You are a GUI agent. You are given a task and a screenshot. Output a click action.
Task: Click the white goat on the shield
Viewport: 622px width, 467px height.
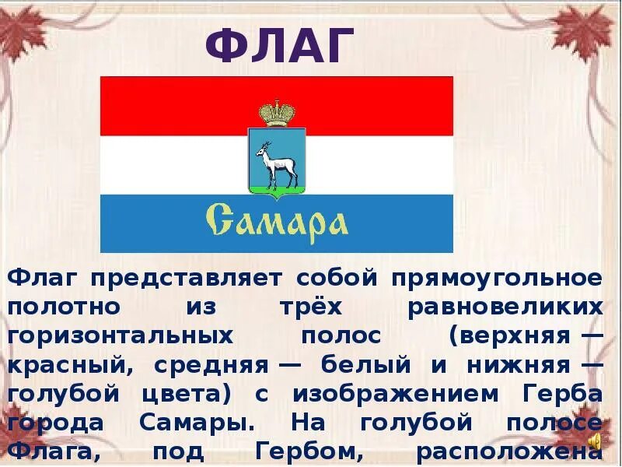276,162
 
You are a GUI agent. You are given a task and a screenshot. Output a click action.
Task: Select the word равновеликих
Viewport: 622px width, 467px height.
505,306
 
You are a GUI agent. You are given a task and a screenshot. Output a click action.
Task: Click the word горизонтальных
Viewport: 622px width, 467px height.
121,335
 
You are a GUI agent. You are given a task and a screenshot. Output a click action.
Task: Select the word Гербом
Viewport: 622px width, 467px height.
299,452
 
